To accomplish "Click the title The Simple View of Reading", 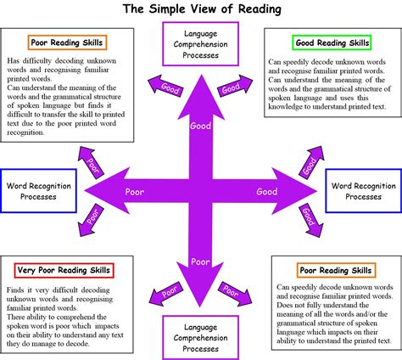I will (x=201, y=9).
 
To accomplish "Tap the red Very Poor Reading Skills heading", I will (x=64, y=270).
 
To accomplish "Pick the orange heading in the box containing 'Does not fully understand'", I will (x=335, y=270).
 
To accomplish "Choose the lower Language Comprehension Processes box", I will (x=201, y=335).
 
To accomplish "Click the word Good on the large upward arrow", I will (x=201, y=126).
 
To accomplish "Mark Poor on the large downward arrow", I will (x=201, y=261).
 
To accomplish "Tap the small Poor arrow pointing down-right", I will (x=231, y=291).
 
